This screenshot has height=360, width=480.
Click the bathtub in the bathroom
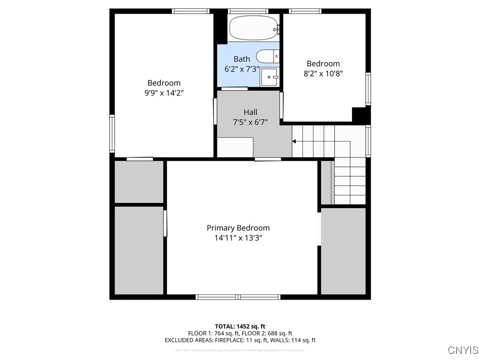pos(254,28)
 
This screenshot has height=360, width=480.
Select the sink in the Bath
pos(269,77)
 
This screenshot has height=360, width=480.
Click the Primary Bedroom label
pos(238,228)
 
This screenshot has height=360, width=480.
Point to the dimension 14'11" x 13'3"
pos(238,238)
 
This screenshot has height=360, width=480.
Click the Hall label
pos(250,112)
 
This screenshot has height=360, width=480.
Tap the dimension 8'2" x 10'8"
pos(323,73)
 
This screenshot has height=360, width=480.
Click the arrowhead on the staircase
pos(294,141)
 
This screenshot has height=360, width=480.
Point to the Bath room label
pos(242,59)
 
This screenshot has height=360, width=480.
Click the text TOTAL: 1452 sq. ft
pos(240,326)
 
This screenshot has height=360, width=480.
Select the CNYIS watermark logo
pos(463,350)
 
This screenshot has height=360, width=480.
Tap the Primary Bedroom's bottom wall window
pos(238,297)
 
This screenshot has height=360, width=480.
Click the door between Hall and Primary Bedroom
pos(268,159)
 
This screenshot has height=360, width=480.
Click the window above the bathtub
pos(248,11)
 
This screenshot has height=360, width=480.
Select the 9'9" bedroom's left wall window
pos(112,134)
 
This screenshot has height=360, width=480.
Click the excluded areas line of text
pos(240,340)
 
